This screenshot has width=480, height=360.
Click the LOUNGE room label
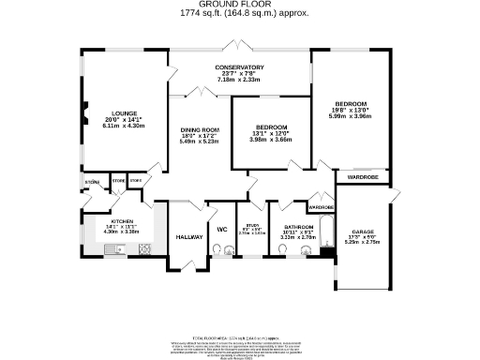point(123,111)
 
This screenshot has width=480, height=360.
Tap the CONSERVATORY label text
point(239,67)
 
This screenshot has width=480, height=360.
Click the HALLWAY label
point(189,237)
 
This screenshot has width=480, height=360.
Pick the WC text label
point(223,230)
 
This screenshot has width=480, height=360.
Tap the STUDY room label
point(251,225)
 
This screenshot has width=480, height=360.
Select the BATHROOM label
point(299,226)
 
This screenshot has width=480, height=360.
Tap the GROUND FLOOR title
point(239,6)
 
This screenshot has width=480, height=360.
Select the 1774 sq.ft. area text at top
point(239,14)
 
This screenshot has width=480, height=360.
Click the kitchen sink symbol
point(115,249)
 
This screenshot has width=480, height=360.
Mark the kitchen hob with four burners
point(144,249)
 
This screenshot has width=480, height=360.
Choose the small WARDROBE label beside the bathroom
point(321,207)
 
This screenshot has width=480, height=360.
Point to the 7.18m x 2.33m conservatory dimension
point(239,80)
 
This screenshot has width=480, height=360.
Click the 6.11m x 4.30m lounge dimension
point(123,124)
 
